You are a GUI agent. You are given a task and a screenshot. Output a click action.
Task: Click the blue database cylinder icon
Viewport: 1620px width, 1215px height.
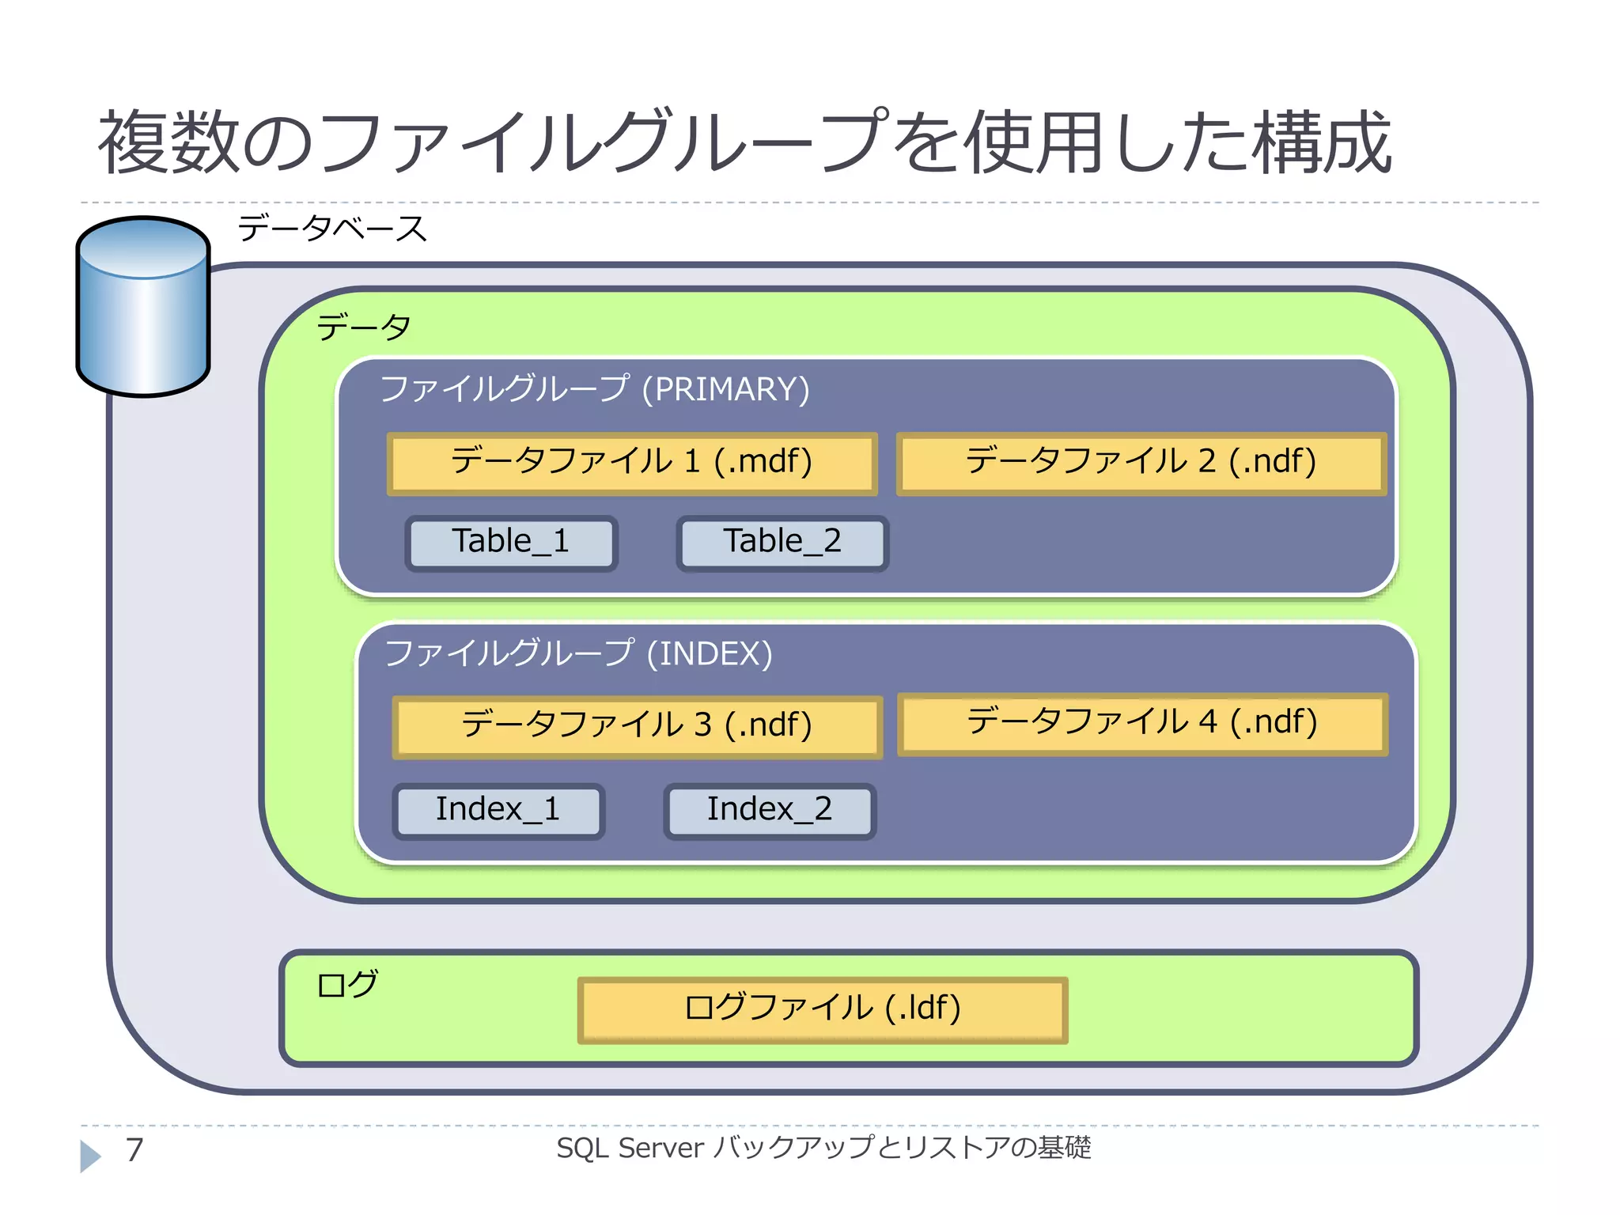[x=143, y=307]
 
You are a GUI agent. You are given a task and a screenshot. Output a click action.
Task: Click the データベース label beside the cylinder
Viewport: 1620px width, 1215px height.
[x=332, y=229]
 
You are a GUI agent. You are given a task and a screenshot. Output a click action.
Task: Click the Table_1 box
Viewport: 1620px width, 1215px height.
[x=511, y=543]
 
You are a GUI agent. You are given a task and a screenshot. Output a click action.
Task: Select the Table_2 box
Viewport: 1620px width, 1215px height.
[x=782, y=543]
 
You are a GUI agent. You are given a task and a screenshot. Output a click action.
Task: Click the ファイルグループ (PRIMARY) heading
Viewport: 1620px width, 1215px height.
[x=595, y=390]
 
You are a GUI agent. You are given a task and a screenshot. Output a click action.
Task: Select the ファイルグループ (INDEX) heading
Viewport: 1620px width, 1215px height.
[x=578, y=654]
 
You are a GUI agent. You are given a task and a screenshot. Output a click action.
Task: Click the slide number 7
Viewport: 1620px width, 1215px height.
[x=135, y=1150]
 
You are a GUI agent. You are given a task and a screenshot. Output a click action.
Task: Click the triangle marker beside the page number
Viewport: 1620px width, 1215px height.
[x=90, y=1156]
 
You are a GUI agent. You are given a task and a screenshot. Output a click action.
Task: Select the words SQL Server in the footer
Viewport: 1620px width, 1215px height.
[x=630, y=1148]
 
